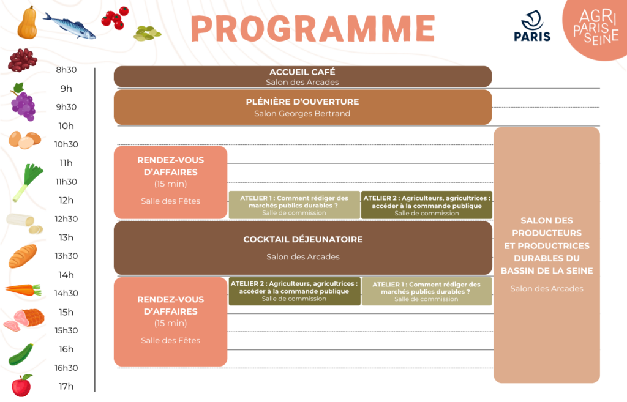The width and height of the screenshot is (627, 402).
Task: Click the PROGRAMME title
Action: (x=312, y=28)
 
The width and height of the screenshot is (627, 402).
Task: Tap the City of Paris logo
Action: (x=532, y=27)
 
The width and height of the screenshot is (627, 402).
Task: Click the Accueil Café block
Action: (x=302, y=76)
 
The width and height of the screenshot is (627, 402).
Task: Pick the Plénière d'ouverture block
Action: (x=302, y=107)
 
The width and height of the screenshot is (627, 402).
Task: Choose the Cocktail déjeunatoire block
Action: (x=302, y=247)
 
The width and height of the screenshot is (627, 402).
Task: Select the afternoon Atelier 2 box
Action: (x=294, y=291)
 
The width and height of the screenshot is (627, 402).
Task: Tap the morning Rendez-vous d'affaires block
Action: (x=170, y=182)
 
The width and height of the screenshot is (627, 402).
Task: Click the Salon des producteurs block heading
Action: (x=547, y=245)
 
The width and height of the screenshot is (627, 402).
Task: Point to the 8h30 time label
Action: (x=66, y=70)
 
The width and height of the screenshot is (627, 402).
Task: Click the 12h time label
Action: (x=66, y=200)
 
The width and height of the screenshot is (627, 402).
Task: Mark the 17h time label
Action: (x=66, y=386)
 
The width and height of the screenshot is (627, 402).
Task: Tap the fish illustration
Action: (x=69, y=25)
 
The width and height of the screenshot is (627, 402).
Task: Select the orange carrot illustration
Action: (x=23, y=289)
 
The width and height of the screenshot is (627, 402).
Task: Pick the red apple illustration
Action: (x=22, y=385)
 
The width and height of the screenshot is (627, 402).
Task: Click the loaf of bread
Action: (x=23, y=256)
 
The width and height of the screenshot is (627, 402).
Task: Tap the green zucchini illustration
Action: (x=21, y=354)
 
